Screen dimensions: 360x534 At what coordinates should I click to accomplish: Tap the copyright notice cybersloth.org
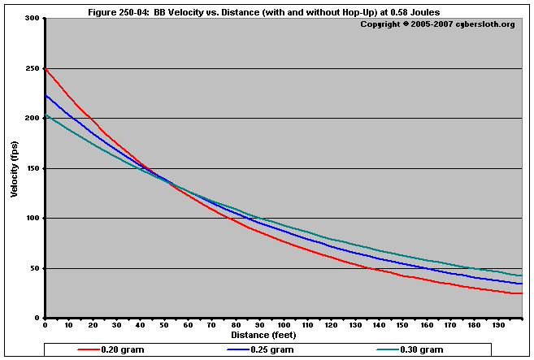[x=436, y=24]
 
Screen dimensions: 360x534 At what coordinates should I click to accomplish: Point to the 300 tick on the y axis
[x=32, y=18]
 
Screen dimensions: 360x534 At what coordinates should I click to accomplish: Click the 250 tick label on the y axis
[x=32, y=68]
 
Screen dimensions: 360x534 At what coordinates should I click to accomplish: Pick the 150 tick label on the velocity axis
[x=32, y=168]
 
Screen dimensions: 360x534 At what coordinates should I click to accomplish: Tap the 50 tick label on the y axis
[x=34, y=268]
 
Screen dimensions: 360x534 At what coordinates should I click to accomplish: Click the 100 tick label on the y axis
[x=32, y=219]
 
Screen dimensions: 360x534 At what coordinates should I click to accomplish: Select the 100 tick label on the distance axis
[x=284, y=325]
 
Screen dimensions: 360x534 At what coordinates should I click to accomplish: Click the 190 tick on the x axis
[x=498, y=325]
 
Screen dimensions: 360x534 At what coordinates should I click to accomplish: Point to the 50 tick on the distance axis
[x=164, y=325]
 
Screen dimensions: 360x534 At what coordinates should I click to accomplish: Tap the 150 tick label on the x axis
[x=403, y=325]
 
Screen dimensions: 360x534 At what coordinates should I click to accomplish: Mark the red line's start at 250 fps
[x=46, y=69]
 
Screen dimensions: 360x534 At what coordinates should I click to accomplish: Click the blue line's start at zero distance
[x=46, y=95]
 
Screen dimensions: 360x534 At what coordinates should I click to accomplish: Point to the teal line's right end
[x=521, y=275]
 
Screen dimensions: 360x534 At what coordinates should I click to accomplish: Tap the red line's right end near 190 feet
[x=521, y=293]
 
